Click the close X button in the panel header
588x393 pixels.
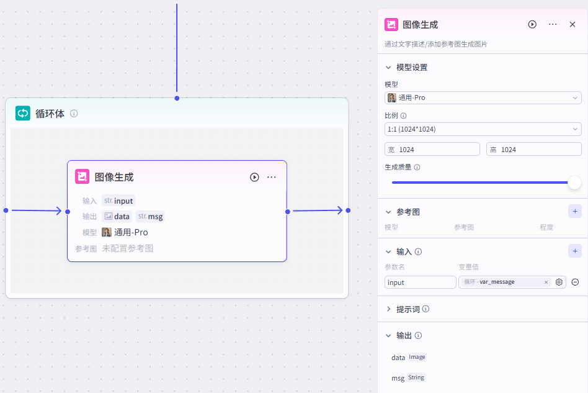(x=572, y=24)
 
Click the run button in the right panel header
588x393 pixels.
(x=532, y=24)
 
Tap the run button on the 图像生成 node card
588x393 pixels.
(x=254, y=177)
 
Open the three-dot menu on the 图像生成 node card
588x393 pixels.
(x=272, y=177)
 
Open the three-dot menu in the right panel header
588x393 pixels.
(x=553, y=24)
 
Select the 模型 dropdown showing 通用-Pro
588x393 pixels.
(x=483, y=97)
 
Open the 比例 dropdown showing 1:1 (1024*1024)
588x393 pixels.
(x=483, y=129)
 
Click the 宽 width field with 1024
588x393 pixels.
(x=432, y=149)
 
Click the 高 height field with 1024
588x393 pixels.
(x=533, y=149)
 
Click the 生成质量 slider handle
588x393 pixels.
(x=574, y=183)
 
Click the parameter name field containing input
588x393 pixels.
(x=420, y=282)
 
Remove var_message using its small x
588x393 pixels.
(x=546, y=282)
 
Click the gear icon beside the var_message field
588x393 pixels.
(x=559, y=282)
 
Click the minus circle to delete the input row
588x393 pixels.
(x=575, y=282)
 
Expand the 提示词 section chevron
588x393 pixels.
(x=389, y=309)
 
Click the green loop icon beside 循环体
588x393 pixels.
(x=23, y=113)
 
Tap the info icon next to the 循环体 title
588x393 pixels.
(x=74, y=114)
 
